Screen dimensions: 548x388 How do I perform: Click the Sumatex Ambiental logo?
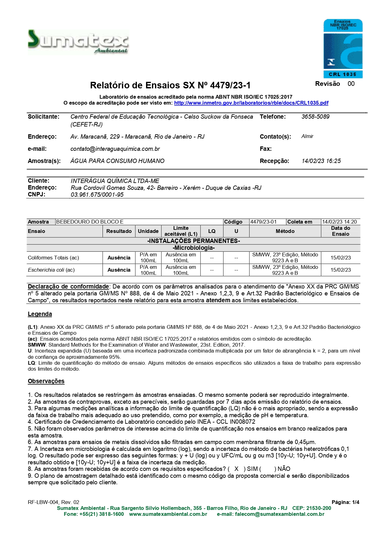(x=78, y=42)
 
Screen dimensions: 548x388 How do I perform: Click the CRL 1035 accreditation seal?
(x=343, y=48)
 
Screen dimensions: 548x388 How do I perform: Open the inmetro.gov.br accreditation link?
(x=251, y=103)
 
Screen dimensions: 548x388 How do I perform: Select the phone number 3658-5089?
(x=315, y=117)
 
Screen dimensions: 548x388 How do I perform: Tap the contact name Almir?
(x=307, y=136)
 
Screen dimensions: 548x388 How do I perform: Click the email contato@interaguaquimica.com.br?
(x=115, y=149)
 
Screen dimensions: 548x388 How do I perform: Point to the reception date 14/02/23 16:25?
(x=321, y=161)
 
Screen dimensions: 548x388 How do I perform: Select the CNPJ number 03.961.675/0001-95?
(x=97, y=195)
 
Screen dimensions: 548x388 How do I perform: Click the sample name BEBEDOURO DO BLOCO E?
(x=90, y=222)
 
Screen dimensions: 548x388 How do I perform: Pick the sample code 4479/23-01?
(x=263, y=222)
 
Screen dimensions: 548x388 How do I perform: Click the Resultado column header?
(x=119, y=231)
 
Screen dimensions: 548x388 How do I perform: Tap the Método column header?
(x=285, y=231)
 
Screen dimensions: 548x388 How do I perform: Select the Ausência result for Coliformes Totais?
(x=119, y=258)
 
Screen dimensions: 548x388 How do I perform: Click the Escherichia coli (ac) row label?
(x=51, y=270)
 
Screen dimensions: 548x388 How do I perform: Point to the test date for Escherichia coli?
(x=340, y=270)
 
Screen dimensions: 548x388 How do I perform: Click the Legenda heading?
(x=40, y=314)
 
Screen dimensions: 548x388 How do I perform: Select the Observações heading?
(x=46, y=381)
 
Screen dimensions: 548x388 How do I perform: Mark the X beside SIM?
(x=236, y=469)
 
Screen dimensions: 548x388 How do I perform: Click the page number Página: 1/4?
(x=345, y=502)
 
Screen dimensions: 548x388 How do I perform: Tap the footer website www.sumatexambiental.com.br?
(x=168, y=514)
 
